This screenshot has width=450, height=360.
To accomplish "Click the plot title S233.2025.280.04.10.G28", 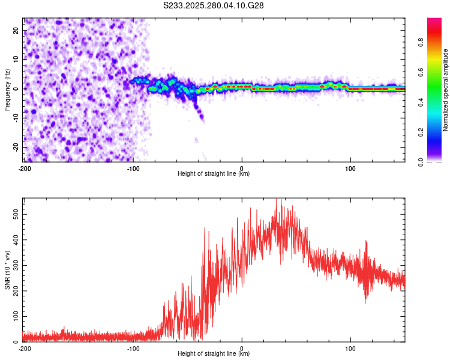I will (214, 5).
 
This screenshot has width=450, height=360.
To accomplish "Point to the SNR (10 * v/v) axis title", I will (7, 270).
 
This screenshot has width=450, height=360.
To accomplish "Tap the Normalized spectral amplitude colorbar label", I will (445, 90).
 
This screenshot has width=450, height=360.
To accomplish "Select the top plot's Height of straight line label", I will (214, 173).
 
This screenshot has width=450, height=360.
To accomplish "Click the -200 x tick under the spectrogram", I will (25, 168).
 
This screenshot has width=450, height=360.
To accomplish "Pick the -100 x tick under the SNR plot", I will (133, 348).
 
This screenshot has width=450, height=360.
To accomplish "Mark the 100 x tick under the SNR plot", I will (350, 348).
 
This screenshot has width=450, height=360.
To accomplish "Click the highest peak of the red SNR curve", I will (276, 199).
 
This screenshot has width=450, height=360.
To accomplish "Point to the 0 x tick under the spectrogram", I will (242, 168).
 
